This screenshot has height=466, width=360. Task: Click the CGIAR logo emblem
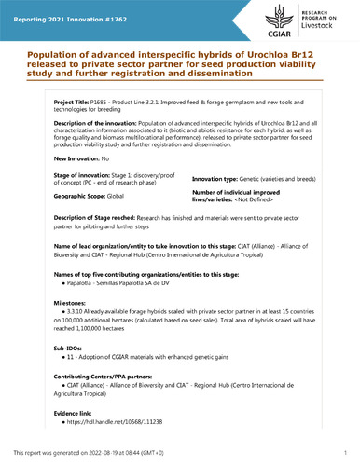pyautogui.click(x=276, y=18)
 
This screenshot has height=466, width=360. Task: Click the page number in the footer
pyautogui.click(x=344, y=452)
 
